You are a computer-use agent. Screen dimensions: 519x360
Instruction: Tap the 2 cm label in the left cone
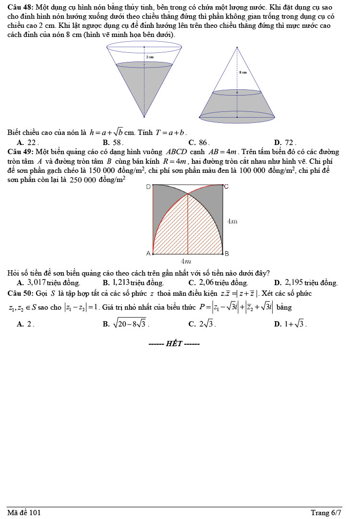[x=150, y=57]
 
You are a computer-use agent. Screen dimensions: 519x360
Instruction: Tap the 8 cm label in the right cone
[x=243, y=72]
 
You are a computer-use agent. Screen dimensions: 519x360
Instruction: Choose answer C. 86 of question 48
[x=199, y=142]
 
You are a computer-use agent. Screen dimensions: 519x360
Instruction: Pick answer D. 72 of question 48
[x=285, y=142]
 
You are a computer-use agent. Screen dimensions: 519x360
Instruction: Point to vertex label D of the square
[x=148, y=186]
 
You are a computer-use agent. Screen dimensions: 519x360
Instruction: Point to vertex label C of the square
[x=227, y=186]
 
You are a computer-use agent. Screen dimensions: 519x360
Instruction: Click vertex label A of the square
[x=148, y=253]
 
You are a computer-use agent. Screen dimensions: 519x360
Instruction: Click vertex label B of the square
[x=227, y=253]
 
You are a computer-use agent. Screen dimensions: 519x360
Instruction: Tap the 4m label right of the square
[x=232, y=221]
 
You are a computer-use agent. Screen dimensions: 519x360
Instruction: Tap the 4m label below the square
[x=186, y=262]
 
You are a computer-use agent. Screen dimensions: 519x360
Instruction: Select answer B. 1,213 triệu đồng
[x=133, y=283]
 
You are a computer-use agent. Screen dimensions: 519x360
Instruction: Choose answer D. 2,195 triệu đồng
[x=306, y=283]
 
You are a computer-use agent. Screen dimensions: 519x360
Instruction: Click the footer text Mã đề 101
[x=24, y=513]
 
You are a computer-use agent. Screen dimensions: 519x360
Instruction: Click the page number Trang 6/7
[x=326, y=513]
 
